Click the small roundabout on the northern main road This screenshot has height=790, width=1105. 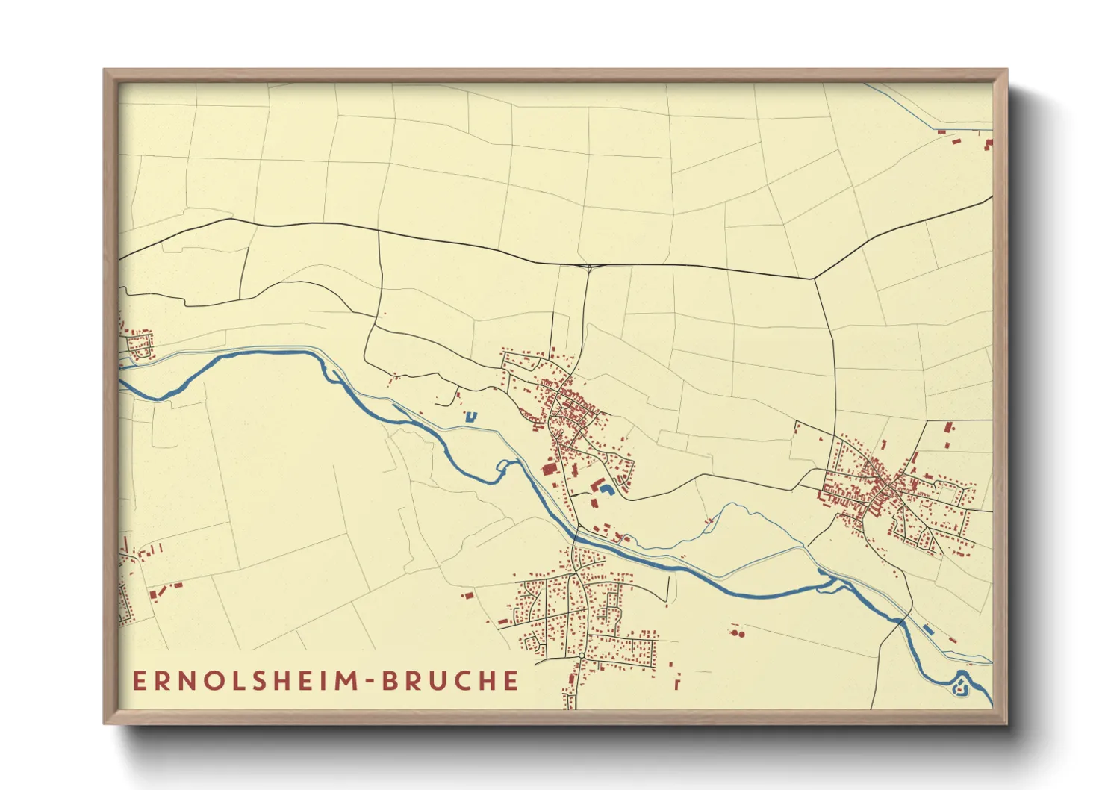point(589,267)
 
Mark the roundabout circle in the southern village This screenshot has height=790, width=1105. point(581,656)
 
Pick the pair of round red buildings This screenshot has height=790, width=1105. point(738,633)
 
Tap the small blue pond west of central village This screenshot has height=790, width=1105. point(470,416)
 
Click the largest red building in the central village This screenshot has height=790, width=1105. point(549,469)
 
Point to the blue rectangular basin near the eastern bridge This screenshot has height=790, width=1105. point(927,629)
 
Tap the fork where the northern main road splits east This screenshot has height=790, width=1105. point(814,279)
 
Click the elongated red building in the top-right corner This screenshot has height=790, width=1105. point(942,132)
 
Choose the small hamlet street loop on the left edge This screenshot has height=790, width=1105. point(139,345)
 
